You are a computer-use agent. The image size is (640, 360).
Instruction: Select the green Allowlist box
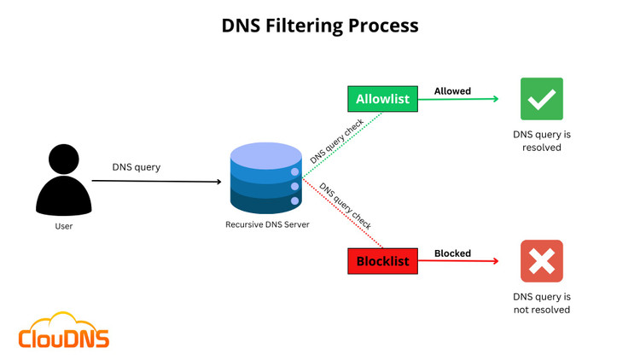pyautogui.click(x=382, y=99)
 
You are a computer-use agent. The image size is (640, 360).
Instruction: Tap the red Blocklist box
pyautogui.click(x=382, y=261)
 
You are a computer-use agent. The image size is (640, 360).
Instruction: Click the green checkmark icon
pyautogui.click(x=542, y=99)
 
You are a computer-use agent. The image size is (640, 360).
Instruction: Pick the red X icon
pyautogui.click(x=542, y=261)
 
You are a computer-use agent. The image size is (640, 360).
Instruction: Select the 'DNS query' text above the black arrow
pyautogui.click(x=137, y=167)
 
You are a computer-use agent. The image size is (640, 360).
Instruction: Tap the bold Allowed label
pyautogui.click(x=452, y=91)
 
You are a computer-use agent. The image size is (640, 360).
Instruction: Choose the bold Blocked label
pyautogui.click(x=452, y=253)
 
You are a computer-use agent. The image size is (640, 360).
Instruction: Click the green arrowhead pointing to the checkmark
pyautogui.click(x=495, y=99)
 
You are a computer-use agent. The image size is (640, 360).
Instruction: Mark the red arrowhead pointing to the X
pyautogui.click(x=495, y=261)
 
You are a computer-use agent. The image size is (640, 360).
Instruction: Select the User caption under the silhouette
pyautogui.click(x=64, y=226)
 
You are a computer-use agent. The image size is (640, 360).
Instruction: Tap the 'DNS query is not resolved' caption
pyautogui.click(x=542, y=303)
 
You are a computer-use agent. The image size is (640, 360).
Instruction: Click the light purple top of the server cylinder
pyautogui.click(x=265, y=154)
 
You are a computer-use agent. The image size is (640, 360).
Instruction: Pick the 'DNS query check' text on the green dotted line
pyautogui.click(x=337, y=141)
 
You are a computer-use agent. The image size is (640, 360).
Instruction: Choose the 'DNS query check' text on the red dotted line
pyautogui.click(x=345, y=206)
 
